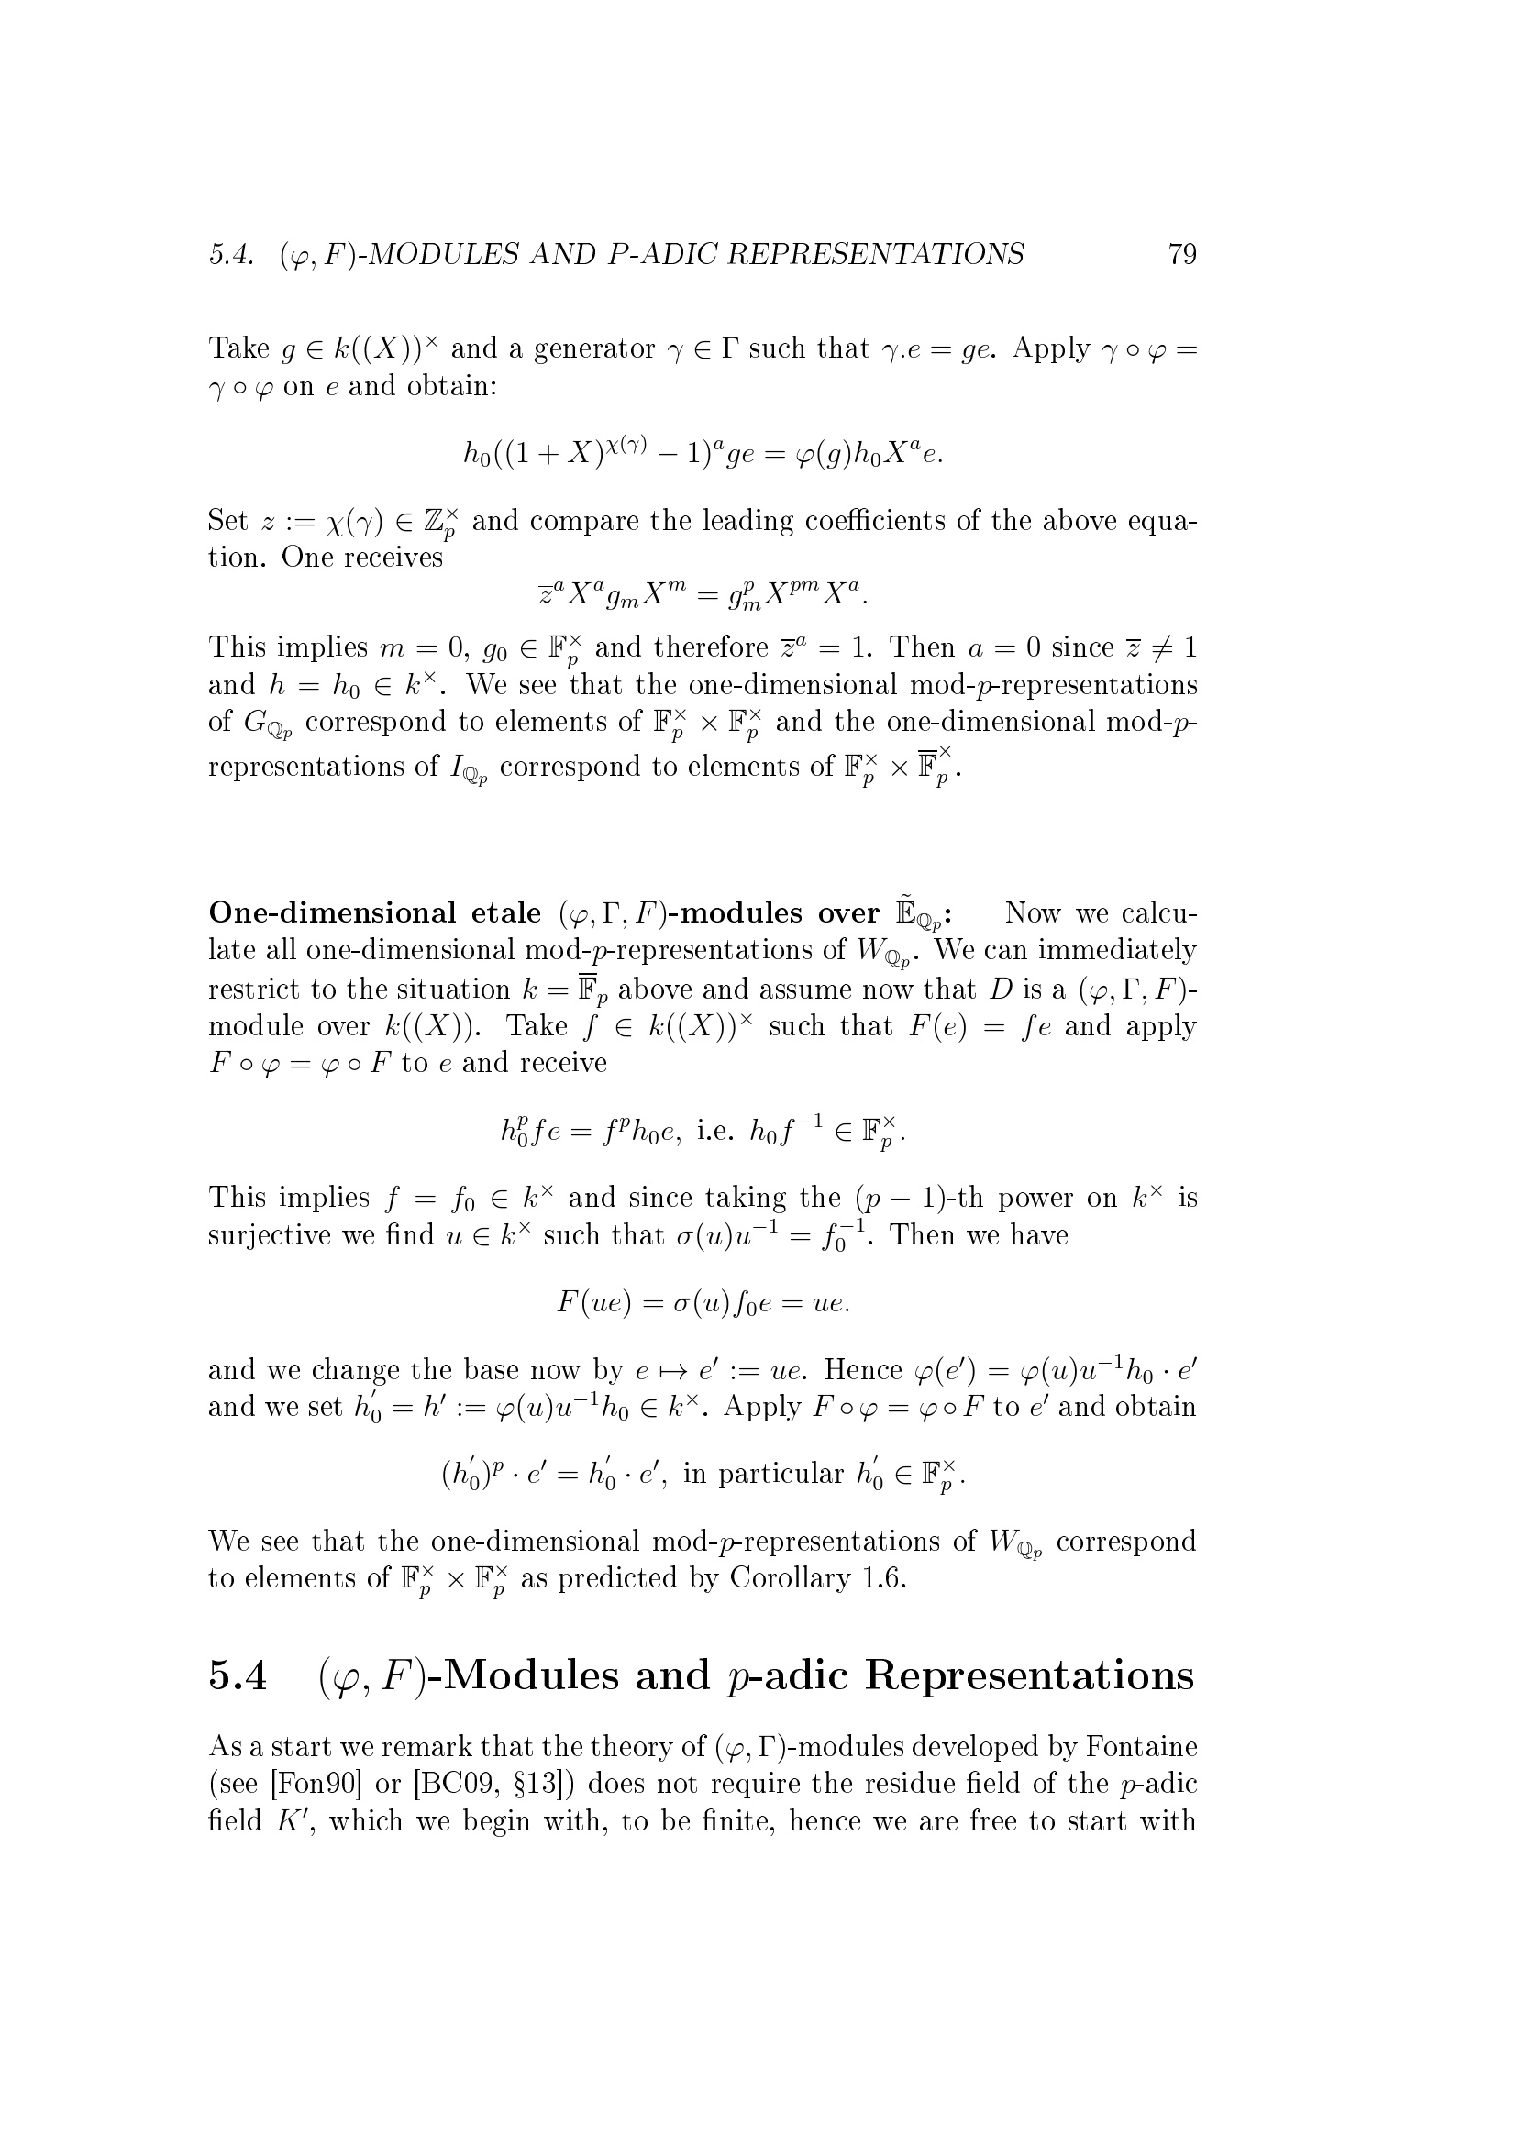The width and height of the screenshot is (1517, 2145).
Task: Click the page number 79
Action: click(x=1181, y=254)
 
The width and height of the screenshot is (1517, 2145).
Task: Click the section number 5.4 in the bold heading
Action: click(x=238, y=1676)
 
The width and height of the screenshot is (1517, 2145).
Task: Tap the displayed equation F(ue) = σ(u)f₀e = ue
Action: click(x=703, y=1302)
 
